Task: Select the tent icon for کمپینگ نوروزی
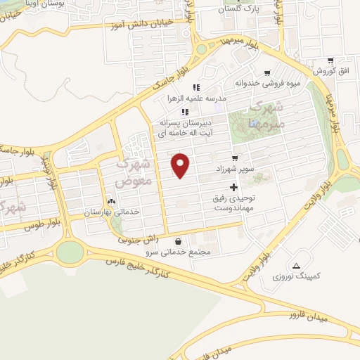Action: click(x=296, y=266)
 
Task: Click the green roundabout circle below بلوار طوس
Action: click(x=69, y=251)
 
